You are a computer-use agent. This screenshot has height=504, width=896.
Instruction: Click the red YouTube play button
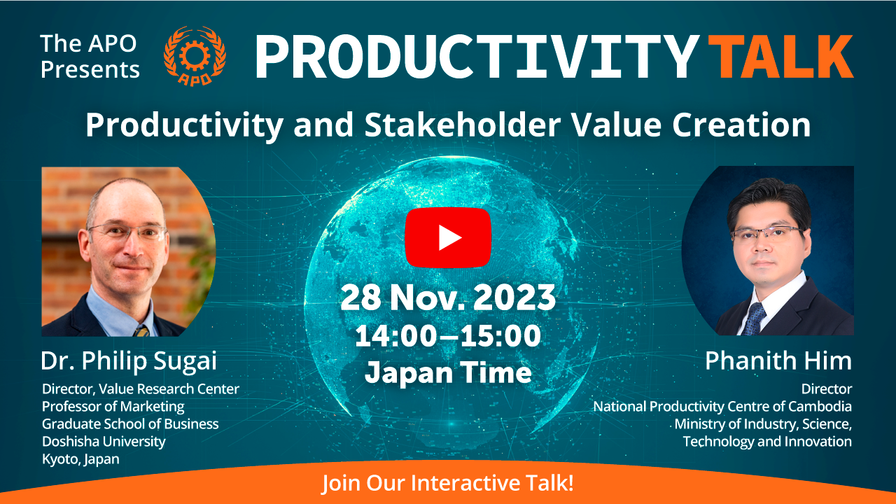(x=448, y=237)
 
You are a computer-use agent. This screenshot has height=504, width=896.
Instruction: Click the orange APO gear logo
(x=195, y=56)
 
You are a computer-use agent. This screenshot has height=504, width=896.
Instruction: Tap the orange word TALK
(x=780, y=57)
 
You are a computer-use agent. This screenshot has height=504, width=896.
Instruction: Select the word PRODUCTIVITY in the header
(x=477, y=57)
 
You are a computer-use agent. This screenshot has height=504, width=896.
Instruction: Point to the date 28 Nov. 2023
(x=448, y=297)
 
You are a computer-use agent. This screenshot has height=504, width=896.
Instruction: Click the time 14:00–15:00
(x=448, y=335)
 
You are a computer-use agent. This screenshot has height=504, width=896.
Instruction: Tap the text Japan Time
(x=448, y=372)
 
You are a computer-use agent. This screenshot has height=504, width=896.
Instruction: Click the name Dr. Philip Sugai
(x=128, y=362)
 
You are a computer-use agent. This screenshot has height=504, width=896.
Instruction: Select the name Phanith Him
(x=778, y=360)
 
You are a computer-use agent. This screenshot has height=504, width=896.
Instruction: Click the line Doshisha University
(x=104, y=442)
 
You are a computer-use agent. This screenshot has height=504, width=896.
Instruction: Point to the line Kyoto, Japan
(x=80, y=459)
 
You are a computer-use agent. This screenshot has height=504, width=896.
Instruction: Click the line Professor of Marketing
(x=113, y=407)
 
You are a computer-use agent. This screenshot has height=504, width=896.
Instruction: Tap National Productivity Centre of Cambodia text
(x=722, y=407)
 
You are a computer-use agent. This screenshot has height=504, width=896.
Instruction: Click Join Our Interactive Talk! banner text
(x=448, y=483)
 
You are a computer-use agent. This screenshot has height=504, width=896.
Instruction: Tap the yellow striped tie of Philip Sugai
(x=141, y=331)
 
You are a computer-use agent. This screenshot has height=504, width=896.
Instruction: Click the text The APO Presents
(x=90, y=57)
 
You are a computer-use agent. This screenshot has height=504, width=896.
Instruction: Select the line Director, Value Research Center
(x=141, y=388)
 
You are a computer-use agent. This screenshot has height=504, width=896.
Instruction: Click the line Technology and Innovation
(x=767, y=442)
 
